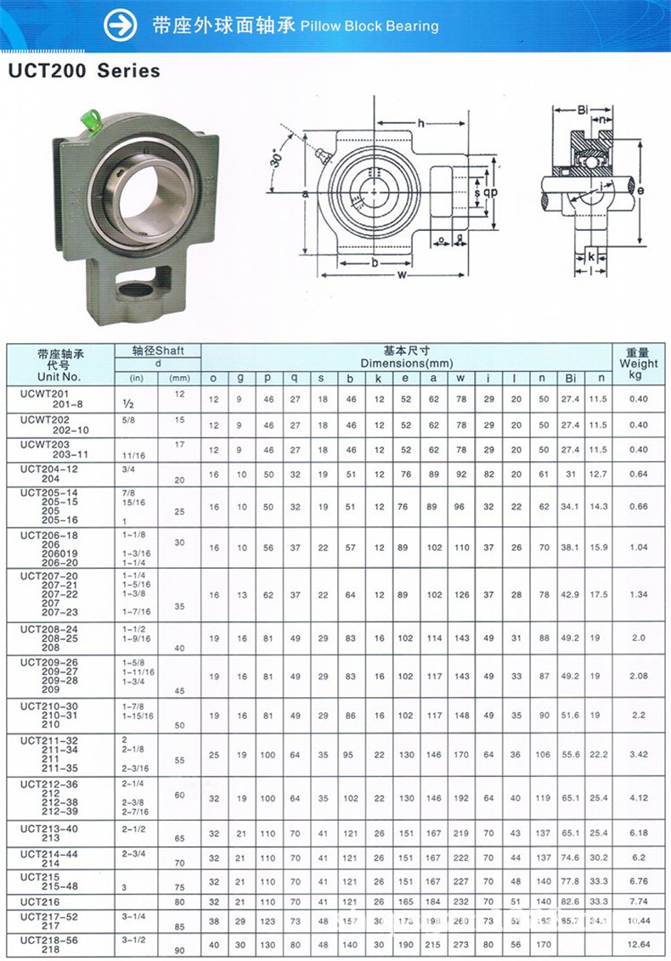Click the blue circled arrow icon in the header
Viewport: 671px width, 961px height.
point(120,25)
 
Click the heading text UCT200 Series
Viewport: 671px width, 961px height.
point(84,71)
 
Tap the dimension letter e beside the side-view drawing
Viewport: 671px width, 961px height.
point(640,191)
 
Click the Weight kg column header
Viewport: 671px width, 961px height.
point(638,363)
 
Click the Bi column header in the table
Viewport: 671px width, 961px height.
point(571,378)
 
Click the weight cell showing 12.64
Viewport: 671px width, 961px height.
point(638,944)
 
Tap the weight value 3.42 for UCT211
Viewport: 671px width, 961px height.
point(638,754)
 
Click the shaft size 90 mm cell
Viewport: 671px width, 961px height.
point(179,950)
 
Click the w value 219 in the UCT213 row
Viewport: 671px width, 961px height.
point(461,834)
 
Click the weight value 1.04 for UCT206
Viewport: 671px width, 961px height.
point(638,548)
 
